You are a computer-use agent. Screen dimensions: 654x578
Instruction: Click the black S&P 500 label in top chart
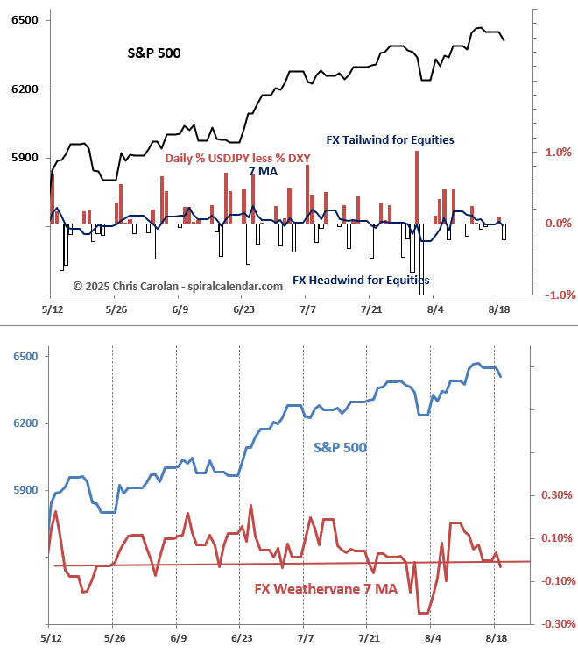154,53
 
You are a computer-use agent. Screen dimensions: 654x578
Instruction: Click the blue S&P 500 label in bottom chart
340,447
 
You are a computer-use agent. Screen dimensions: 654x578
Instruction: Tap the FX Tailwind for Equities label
390,139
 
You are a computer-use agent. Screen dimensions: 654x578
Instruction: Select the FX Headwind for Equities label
361,281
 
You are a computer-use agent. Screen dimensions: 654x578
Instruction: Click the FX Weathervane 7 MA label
326,589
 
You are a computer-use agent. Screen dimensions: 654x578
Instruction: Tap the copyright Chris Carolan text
178,286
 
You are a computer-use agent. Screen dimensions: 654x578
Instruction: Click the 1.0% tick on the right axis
559,152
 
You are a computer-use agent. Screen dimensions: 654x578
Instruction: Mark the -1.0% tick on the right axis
557,295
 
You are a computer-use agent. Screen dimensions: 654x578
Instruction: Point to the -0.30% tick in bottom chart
557,624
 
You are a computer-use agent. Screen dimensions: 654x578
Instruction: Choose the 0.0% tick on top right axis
559,224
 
